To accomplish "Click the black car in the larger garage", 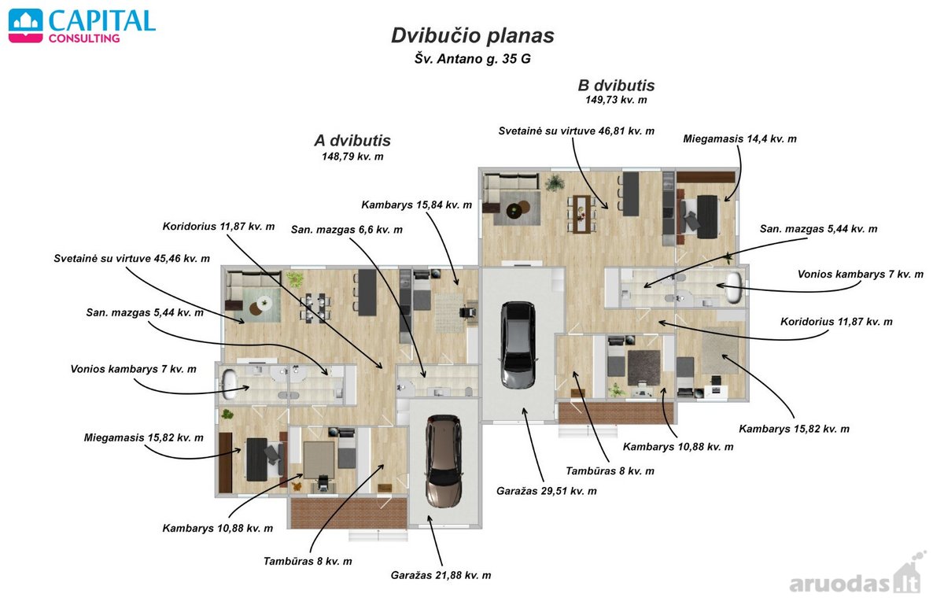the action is [518, 345].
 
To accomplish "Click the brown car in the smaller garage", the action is [444, 461].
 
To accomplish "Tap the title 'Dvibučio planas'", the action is [473, 36].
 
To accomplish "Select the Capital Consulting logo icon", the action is [26, 26].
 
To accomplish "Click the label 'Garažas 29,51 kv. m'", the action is [546, 491].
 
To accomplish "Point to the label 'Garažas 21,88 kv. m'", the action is [441, 575].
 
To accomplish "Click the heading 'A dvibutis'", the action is [352, 140].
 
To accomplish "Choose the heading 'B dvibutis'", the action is [616, 86].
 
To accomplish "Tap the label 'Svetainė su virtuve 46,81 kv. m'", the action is [576, 131].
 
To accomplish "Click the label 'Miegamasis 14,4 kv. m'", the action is [739, 138].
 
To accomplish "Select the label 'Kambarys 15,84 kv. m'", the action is [416, 205].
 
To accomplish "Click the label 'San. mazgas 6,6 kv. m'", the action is [346, 230].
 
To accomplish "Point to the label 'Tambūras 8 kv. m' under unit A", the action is [308, 561].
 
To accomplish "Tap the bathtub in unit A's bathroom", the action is [230, 384].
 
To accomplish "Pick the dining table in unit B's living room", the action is [581, 213].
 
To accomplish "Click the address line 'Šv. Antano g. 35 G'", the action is [473, 58].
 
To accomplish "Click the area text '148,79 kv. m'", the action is [352, 157].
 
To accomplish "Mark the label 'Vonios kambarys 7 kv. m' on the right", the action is [860, 275].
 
